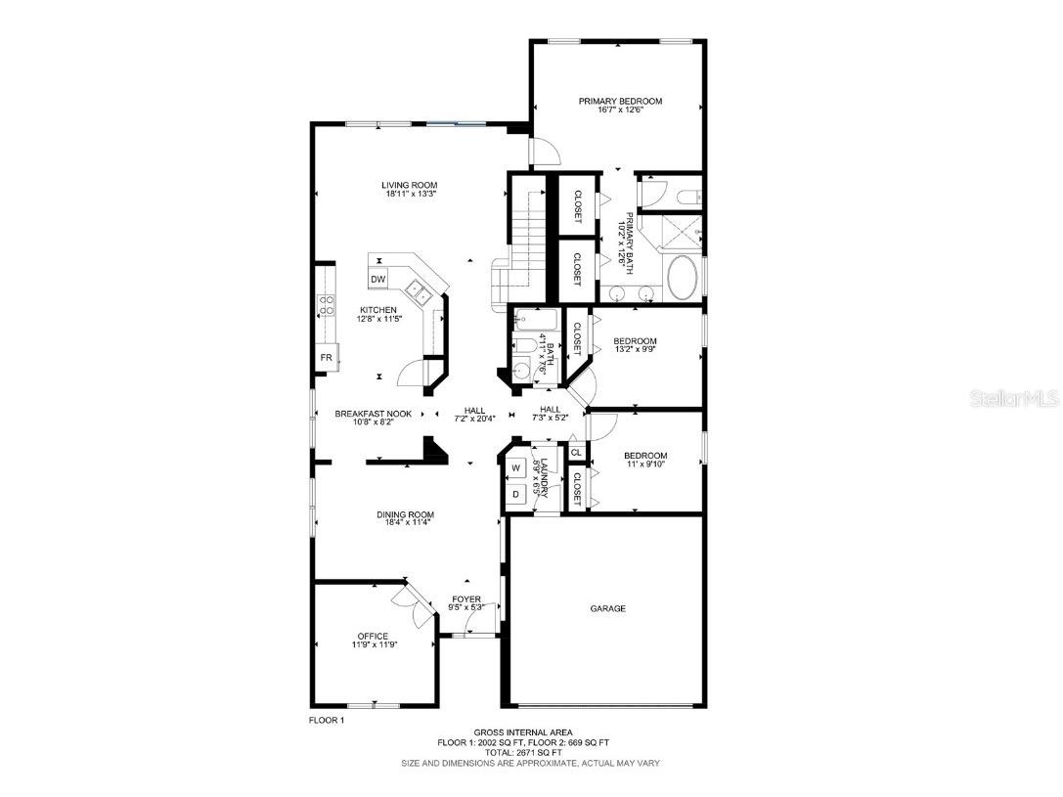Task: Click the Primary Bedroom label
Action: click(620, 101)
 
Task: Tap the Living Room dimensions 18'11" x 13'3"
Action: click(410, 195)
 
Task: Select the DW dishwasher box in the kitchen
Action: click(378, 280)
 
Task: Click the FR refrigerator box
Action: click(325, 358)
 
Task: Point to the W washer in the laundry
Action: click(514, 468)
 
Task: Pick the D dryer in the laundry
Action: click(514, 495)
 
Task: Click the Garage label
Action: click(607, 608)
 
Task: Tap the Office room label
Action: click(373, 637)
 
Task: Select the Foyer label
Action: click(465, 599)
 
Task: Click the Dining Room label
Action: click(405, 514)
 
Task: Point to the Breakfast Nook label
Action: click(373, 414)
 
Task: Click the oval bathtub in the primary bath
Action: click(682, 280)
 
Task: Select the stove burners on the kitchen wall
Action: click(325, 305)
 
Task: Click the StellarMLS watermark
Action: click(1016, 399)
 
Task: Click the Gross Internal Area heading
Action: click(523, 732)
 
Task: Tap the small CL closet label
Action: click(576, 453)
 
